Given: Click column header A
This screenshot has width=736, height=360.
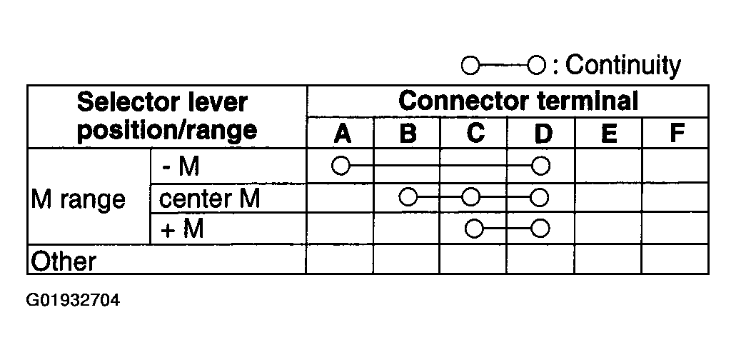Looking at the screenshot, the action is (x=342, y=134).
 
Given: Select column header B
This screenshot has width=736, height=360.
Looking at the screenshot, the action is (x=408, y=134).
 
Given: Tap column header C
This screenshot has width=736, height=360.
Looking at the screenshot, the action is (x=475, y=134).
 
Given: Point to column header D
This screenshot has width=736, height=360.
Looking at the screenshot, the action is (x=543, y=134).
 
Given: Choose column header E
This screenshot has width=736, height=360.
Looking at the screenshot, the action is (x=609, y=134).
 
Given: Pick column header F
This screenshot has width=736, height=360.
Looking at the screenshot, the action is (x=676, y=134).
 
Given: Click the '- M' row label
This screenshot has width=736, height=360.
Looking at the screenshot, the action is (x=181, y=166).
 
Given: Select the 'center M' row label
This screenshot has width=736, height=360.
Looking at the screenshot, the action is (x=209, y=199).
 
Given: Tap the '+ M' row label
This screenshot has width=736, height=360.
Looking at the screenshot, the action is (x=182, y=229).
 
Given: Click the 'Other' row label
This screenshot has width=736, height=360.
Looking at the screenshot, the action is (x=63, y=261).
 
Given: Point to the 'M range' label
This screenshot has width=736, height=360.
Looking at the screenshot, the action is (x=78, y=199).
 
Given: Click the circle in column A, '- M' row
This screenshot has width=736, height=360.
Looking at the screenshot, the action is (x=341, y=166).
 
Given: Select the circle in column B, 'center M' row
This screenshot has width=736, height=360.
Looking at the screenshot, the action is (x=408, y=197).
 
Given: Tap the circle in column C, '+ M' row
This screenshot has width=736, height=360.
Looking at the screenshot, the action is (x=474, y=229).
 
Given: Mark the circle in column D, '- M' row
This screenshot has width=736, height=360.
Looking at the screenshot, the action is (x=540, y=166).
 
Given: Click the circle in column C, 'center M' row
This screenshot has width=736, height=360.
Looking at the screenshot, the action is (x=470, y=197).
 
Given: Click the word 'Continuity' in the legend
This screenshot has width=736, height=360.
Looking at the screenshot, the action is (x=623, y=65).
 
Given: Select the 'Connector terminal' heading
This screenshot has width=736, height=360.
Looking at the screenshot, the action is (x=518, y=101).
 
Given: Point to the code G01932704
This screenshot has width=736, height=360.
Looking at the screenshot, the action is (x=74, y=300).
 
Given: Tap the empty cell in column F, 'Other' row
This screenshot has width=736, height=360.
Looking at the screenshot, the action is (x=675, y=259).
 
